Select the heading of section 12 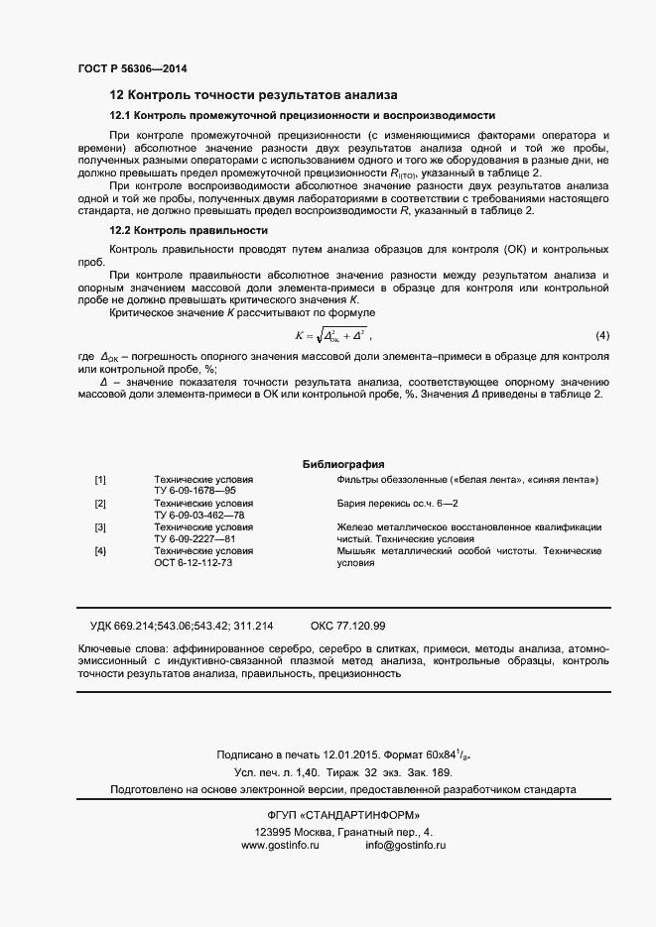(253, 96)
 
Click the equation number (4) (602, 335)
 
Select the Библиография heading (342, 465)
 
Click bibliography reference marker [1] (100, 480)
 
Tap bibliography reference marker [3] (100, 527)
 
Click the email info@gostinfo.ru (406, 845)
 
